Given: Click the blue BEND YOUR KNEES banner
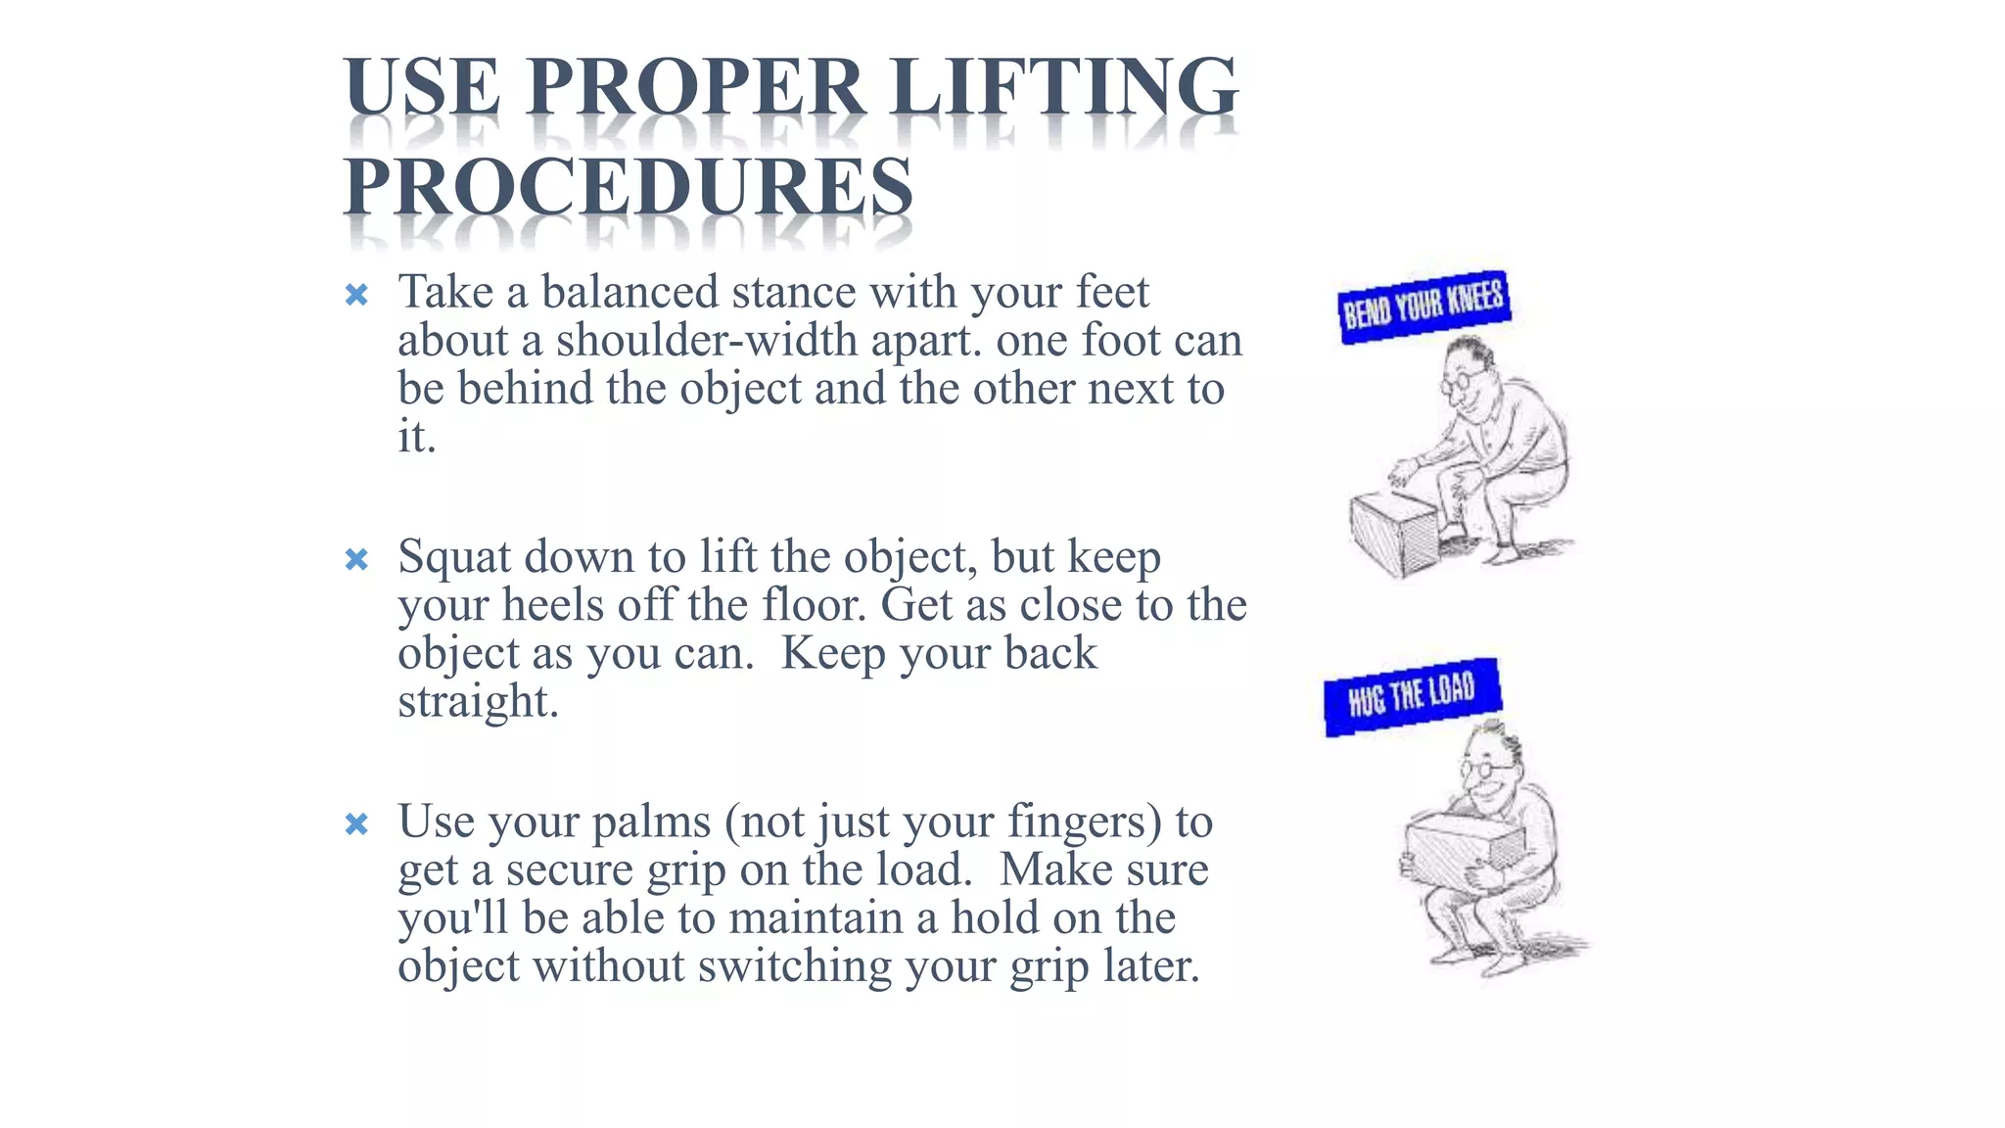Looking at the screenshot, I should pyautogui.click(x=1423, y=306).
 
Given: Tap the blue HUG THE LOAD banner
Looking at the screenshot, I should pyautogui.click(x=1412, y=696).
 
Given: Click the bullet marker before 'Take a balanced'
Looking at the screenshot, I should pyautogui.click(x=356, y=295).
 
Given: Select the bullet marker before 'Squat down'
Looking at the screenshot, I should pyautogui.click(x=356, y=559).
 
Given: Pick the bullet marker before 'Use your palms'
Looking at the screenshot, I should pyautogui.click(x=356, y=824).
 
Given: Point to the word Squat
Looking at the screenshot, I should pyautogui.click(x=455, y=557).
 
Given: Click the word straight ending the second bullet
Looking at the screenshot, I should pyautogui.click(x=478, y=701).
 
